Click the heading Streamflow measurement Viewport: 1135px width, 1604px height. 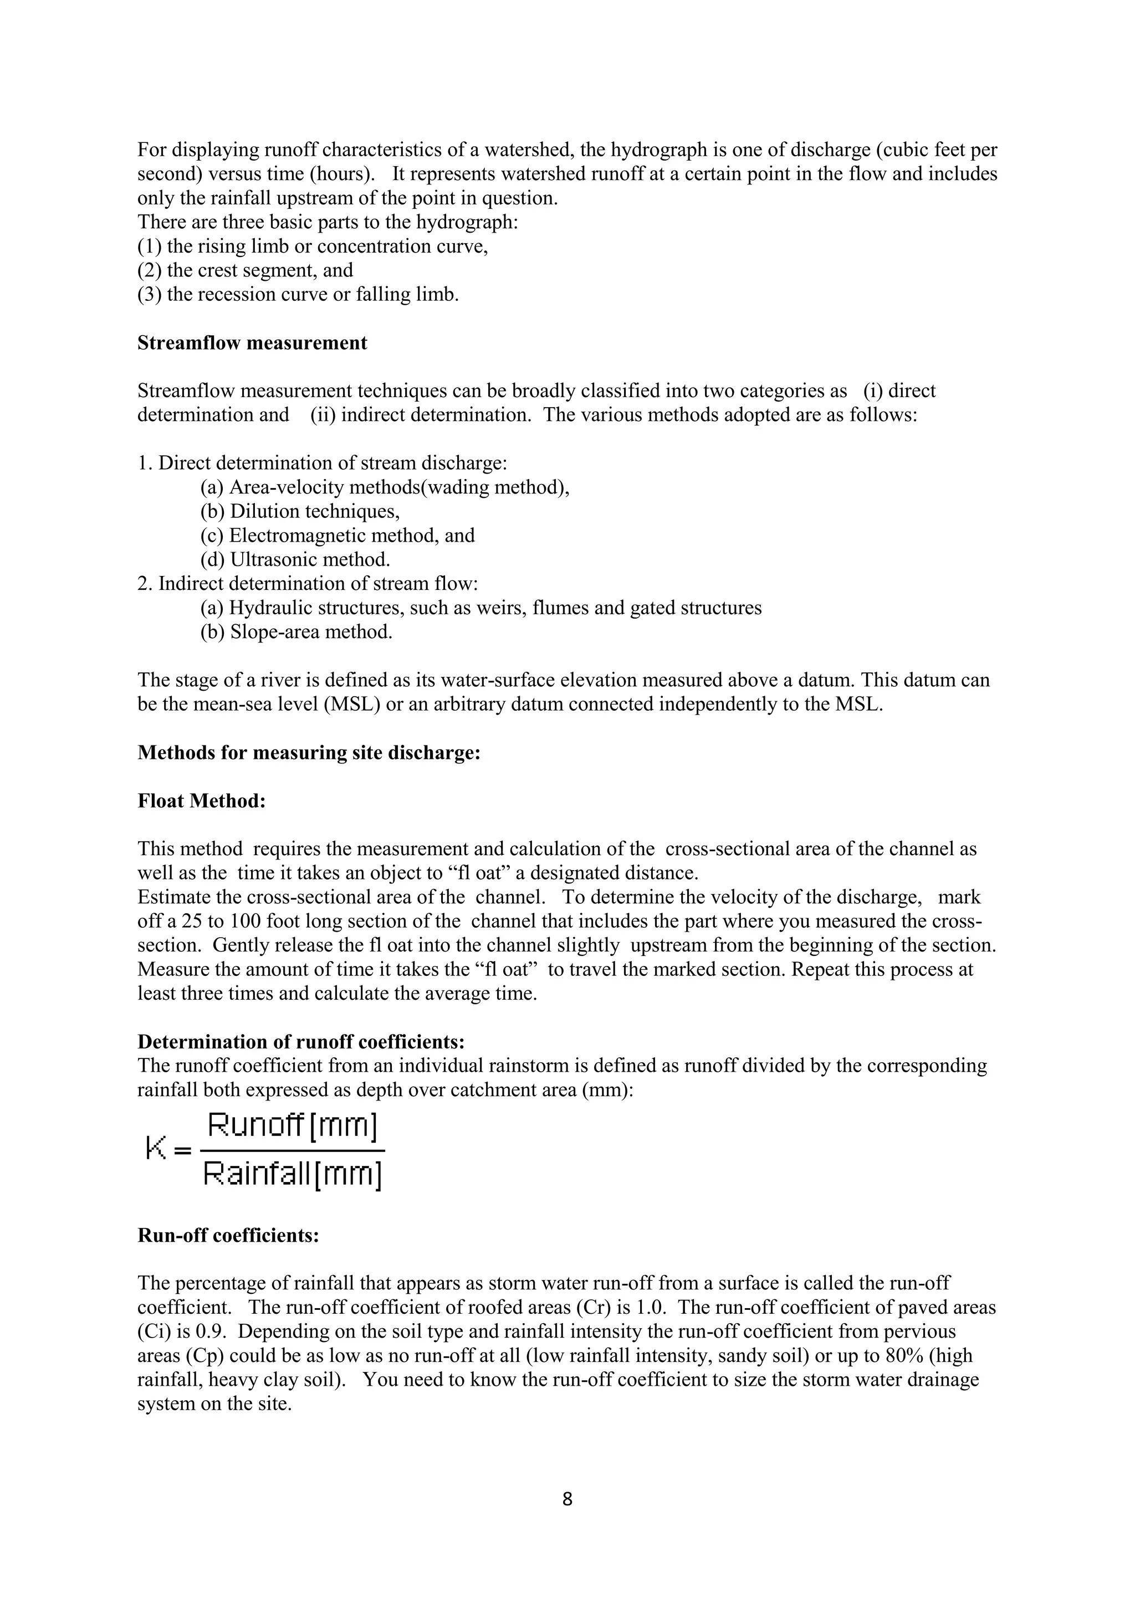click(x=252, y=343)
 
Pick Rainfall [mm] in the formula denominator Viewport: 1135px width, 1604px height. click(x=292, y=1174)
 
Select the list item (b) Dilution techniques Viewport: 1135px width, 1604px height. click(x=300, y=511)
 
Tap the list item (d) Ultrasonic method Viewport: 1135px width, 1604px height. click(x=295, y=559)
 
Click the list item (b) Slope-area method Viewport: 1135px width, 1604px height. click(x=296, y=631)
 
